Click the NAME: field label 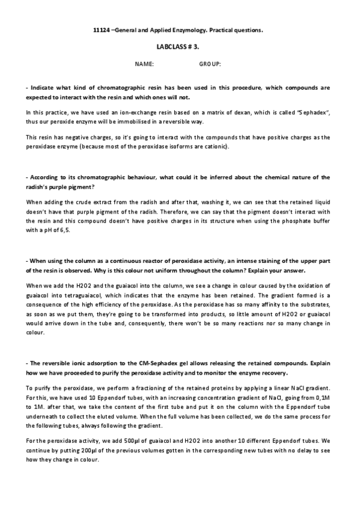pyautogui.click(x=145, y=63)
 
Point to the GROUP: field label pyautogui.click(x=210, y=63)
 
